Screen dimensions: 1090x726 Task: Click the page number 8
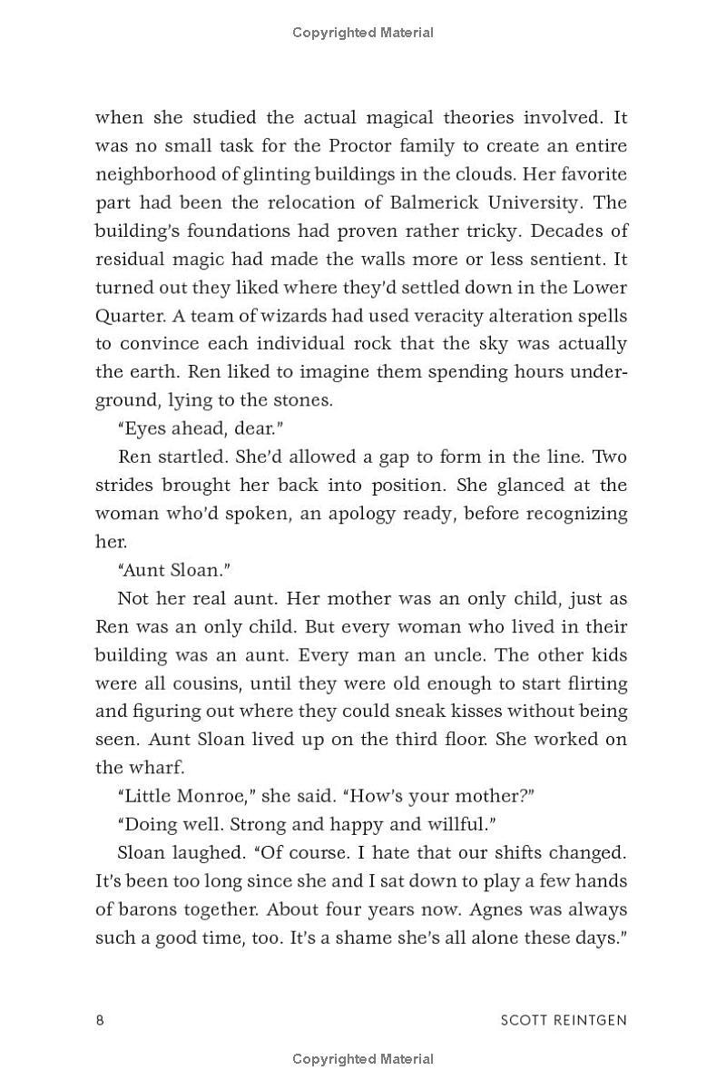pyautogui.click(x=100, y=1019)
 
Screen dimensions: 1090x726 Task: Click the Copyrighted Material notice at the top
pyautogui.click(x=363, y=33)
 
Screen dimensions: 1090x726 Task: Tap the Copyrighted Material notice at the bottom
pyautogui.click(x=363, y=1058)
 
